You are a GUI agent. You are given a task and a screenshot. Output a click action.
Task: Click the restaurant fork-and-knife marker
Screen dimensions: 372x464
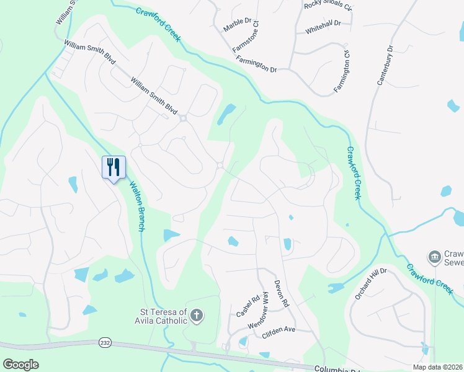point(114,167)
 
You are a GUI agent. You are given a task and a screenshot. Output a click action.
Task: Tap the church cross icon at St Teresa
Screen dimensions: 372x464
point(196,316)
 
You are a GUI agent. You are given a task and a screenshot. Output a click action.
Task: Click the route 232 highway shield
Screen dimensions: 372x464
point(104,342)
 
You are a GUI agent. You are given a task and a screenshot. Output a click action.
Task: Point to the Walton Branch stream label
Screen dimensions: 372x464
point(136,206)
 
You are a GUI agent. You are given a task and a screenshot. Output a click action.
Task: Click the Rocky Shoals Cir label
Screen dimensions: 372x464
point(328,6)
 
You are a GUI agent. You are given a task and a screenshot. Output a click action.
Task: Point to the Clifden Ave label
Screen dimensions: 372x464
point(279,330)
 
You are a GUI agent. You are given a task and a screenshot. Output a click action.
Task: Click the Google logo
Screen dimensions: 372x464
point(20,364)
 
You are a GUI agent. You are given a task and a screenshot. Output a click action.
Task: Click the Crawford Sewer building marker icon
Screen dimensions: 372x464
point(434,256)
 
